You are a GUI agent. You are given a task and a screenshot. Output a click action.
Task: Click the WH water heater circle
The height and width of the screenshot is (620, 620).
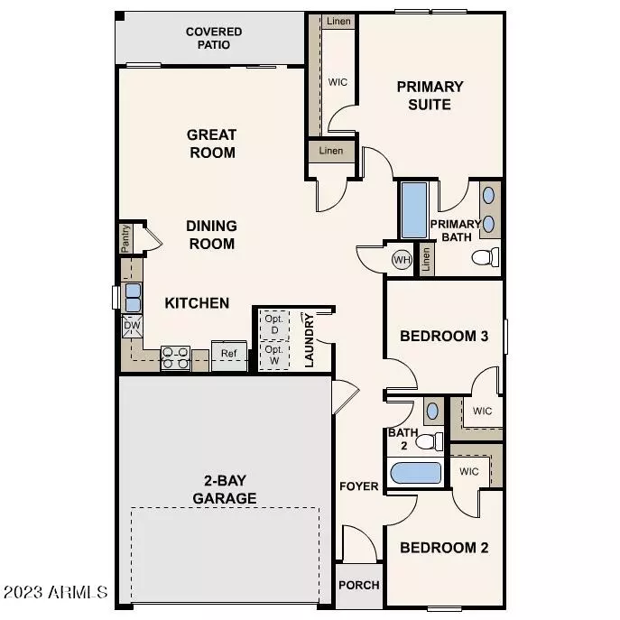point(401,260)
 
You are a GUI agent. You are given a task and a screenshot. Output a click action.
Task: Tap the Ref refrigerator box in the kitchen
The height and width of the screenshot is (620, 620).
point(229,354)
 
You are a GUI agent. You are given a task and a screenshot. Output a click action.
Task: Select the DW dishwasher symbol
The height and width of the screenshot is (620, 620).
point(132,326)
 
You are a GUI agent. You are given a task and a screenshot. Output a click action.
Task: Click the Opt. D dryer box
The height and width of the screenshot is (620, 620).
point(273,322)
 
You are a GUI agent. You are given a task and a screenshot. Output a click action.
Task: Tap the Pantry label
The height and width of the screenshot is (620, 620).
point(125,239)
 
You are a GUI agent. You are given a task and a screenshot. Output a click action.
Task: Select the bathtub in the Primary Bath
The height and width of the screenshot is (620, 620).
point(415,210)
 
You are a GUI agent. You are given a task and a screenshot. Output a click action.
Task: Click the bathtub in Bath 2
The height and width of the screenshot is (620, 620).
point(415,474)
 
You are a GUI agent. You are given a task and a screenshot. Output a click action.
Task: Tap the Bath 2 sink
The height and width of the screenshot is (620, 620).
point(431,410)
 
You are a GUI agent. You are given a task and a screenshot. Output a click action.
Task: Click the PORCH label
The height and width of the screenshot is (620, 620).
point(358,585)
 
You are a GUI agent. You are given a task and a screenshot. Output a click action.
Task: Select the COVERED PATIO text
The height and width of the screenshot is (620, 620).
point(213,38)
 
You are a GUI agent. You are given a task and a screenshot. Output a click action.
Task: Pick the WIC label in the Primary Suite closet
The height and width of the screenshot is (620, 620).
point(338,82)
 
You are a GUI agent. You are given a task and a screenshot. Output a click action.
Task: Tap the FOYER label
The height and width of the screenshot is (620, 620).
point(358,486)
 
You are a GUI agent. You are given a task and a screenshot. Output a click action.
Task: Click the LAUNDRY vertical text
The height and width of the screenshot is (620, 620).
point(310,340)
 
